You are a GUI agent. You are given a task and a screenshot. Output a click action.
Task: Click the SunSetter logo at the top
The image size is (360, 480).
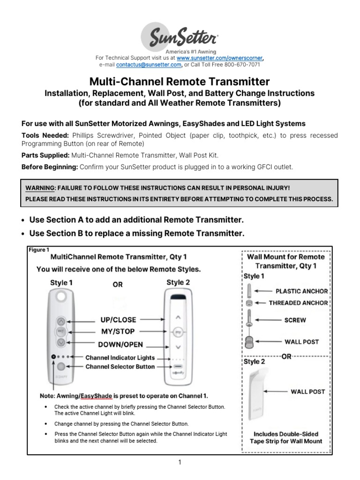(180, 35)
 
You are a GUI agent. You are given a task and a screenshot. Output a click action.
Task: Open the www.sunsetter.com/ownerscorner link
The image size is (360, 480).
(220, 58)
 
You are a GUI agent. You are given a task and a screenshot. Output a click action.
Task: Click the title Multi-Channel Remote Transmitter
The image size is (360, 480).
(180, 82)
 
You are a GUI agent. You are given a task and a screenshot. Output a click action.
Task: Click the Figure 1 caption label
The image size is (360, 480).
(38, 250)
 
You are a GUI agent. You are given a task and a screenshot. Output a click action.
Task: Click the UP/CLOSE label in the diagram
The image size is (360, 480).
(118, 320)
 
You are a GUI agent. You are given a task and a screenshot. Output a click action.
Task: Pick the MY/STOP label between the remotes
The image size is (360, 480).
(118, 332)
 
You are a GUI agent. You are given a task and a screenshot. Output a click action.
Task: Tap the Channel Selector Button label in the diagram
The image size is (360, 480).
(120, 367)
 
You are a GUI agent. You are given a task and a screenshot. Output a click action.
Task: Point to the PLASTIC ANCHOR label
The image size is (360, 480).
(301, 291)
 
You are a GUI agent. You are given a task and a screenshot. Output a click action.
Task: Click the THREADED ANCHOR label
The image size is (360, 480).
(298, 303)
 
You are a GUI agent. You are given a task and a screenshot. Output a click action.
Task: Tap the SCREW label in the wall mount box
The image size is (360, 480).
(295, 320)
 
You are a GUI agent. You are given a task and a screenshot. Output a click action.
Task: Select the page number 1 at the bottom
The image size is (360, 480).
(180, 462)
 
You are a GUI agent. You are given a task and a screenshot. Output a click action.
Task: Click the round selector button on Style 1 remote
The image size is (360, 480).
(61, 367)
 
